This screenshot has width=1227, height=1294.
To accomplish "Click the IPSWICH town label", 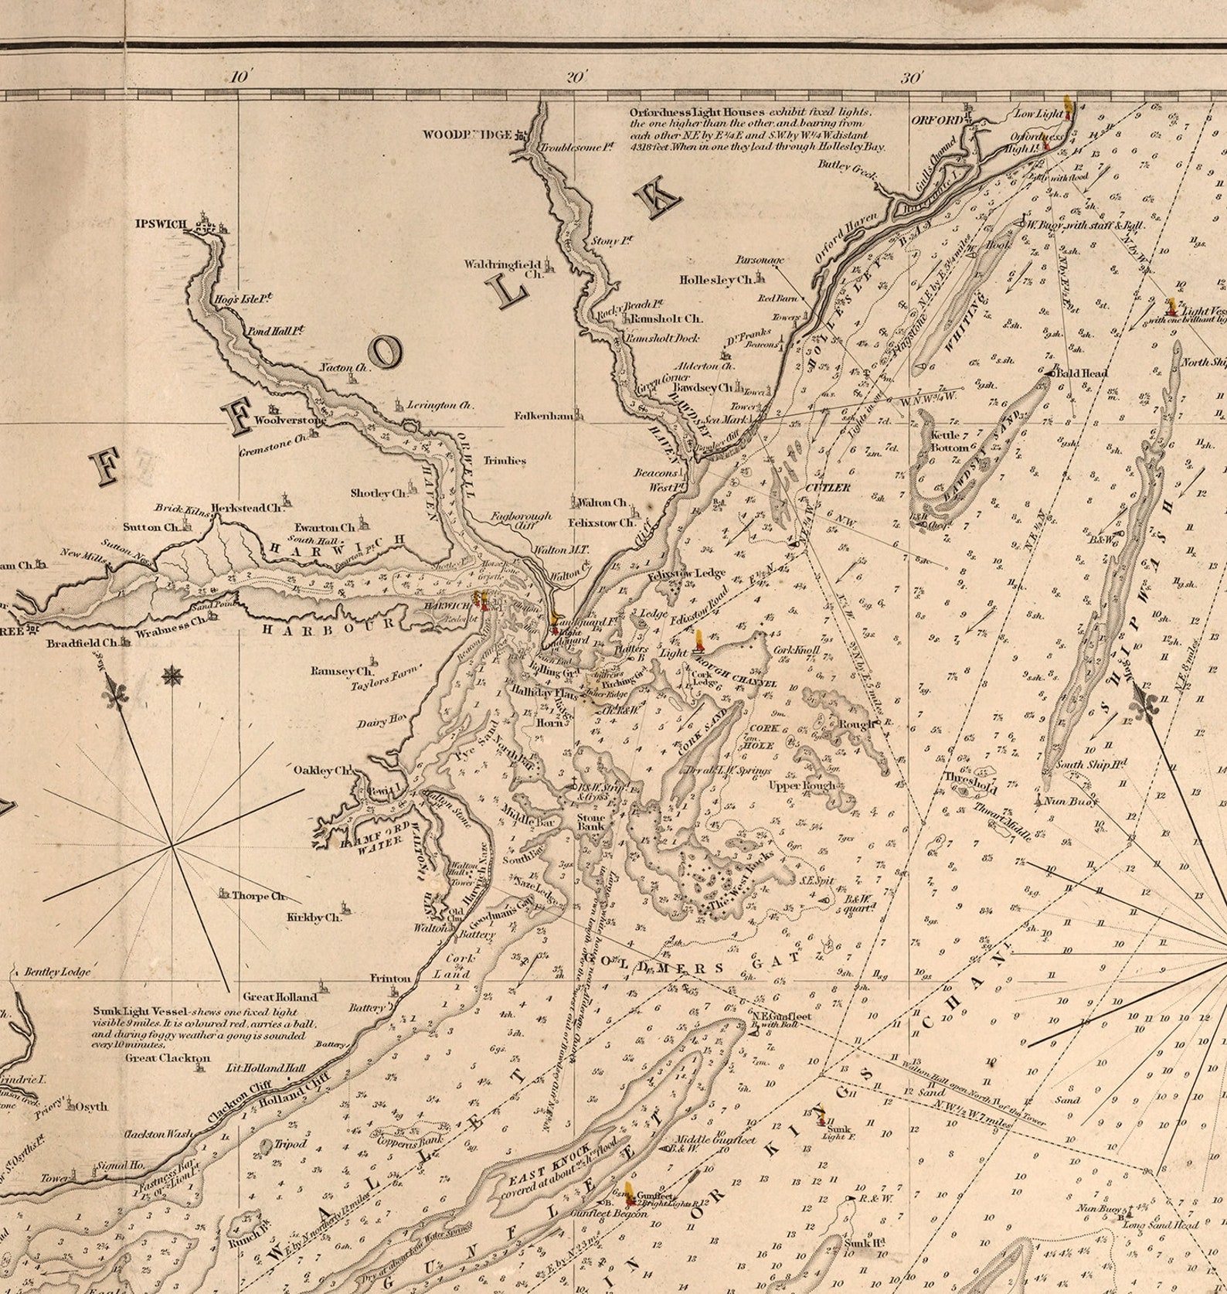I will pos(161,224).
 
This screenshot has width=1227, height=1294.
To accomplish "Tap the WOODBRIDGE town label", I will pos(467,135).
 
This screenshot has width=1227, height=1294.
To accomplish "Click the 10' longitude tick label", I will pos(240,77).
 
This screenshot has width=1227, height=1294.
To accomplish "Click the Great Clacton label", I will pos(168,1057).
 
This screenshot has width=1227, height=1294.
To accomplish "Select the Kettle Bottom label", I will pos(949,442).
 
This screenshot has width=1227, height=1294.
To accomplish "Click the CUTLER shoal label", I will pos(828,488).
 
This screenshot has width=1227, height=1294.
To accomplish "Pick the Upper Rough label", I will pos(801,786).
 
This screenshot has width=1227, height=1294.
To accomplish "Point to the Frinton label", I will pos(390,978).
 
